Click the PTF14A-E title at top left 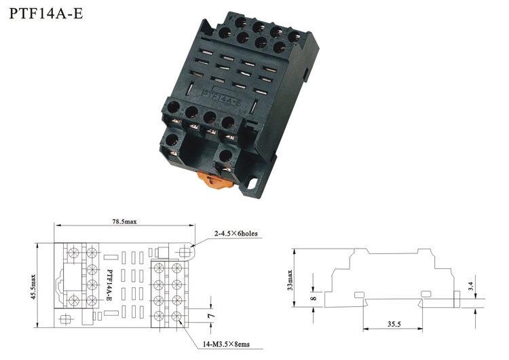pos(46,14)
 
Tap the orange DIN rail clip pos(214,180)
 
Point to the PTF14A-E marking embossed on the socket pos(221,97)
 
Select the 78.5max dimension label pos(125,221)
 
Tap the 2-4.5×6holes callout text pos(235,233)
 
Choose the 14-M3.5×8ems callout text pos(226,344)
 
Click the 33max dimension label pos(290,280)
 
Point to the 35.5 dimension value pos(394,324)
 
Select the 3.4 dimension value pos(471,286)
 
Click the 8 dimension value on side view pos(314,298)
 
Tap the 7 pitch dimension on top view pos(211,315)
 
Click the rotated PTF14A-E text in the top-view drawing pos(109,285)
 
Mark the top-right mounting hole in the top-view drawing pos(185,252)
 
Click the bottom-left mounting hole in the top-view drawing pos(66,319)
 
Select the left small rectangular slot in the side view pos(359,295)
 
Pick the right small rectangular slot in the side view pos(426,293)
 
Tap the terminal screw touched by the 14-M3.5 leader pos(176,316)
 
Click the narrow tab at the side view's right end pos(457,299)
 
